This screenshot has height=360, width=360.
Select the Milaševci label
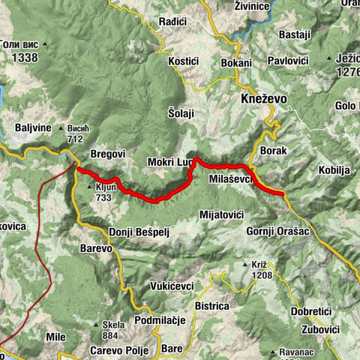232,178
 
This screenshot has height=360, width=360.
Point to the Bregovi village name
107,154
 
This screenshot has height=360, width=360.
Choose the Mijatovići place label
222,214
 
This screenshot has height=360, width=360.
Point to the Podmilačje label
160,320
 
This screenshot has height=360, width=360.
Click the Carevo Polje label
112,349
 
